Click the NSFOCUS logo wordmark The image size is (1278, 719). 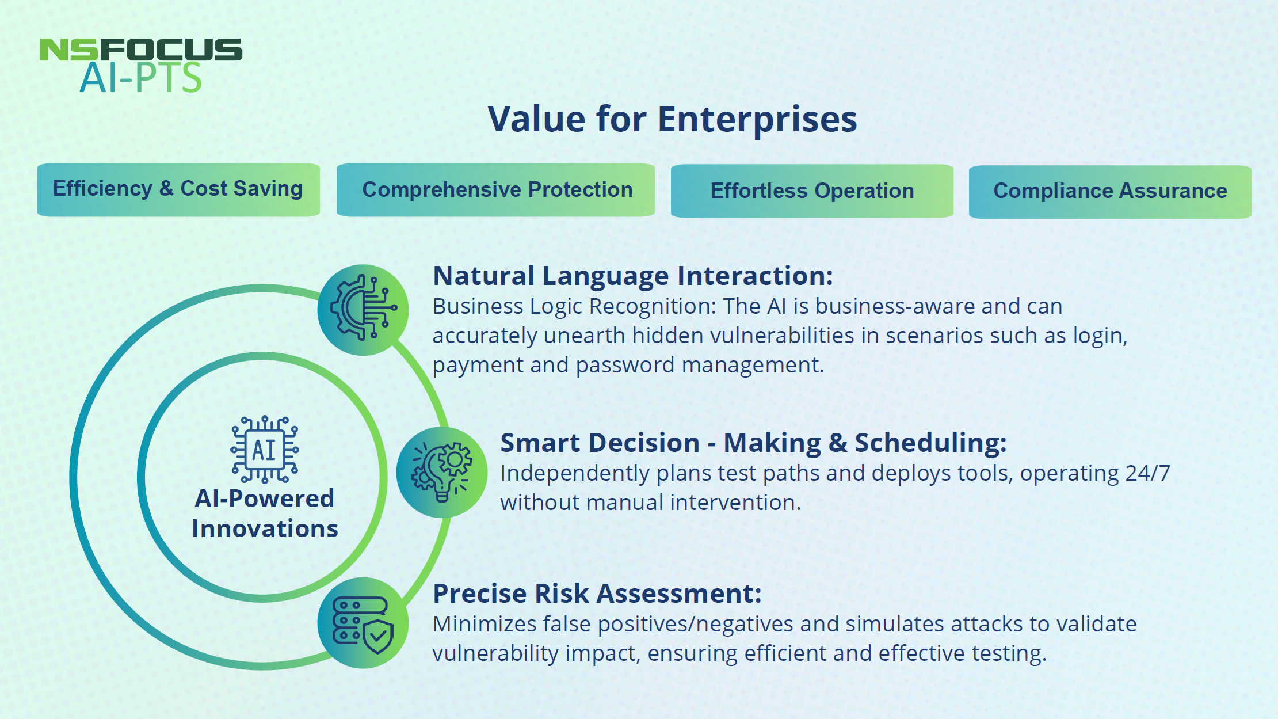tap(141, 50)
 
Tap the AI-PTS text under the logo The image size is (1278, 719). tap(141, 78)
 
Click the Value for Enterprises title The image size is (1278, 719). tap(672, 119)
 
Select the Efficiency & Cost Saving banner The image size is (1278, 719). tap(178, 189)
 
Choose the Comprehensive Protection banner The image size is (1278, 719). tap(495, 190)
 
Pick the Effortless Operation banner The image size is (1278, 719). tap(812, 191)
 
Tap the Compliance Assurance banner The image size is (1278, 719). tap(1110, 192)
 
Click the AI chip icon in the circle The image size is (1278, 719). tap(265, 450)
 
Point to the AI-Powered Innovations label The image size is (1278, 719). tap(265, 513)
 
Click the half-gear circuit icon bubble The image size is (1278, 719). tap(363, 310)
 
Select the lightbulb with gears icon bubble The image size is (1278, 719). tap(442, 472)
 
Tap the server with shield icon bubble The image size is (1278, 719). tap(363, 623)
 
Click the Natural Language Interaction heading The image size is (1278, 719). tap(633, 276)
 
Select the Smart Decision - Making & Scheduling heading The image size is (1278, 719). tap(754, 443)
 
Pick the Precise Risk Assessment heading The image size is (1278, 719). tap(597, 594)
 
